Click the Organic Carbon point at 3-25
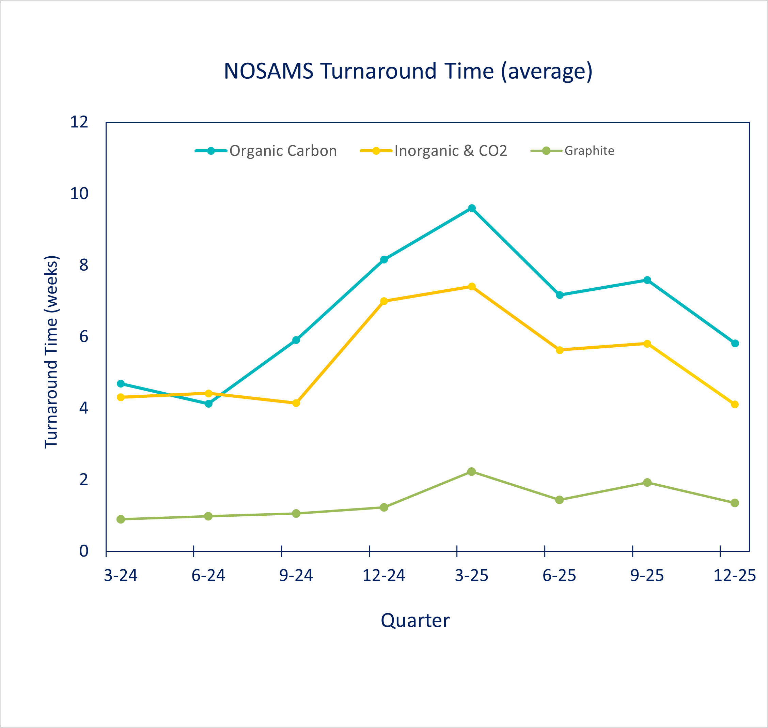point(472,208)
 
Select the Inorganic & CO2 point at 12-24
point(384,301)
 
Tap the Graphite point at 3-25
point(471,471)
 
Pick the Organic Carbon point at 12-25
point(735,344)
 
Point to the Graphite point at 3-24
point(121,519)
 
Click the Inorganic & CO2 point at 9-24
point(296,403)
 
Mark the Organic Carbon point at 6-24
point(208,404)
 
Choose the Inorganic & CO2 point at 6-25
point(560,350)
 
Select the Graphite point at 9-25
point(647,482)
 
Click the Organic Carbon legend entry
point(283,151)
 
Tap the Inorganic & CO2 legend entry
point(450,151)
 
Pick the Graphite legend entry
point(589,151)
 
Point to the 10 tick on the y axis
point(79,194)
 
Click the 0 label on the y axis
point(84,551)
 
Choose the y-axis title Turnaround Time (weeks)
point(51,352)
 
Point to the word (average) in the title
point(546,72)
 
